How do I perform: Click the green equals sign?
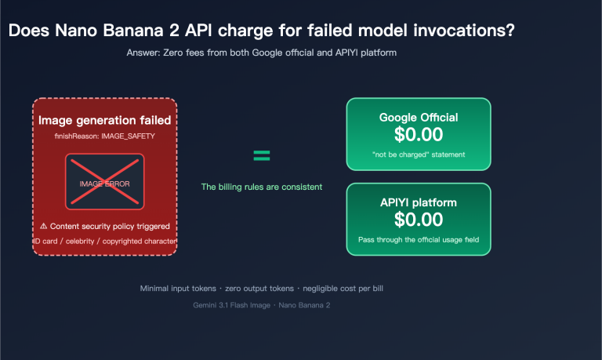(261, 155)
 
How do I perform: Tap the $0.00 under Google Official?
(418, 135)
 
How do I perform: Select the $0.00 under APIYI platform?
(418, 220)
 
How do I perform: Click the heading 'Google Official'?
(418, 118)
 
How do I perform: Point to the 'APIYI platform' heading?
(418, 202)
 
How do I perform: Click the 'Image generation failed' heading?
(104, 121)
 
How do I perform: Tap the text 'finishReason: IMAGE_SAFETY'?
(104, 136)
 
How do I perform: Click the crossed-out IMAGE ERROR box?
(104, 183)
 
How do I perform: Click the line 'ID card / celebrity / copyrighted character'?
(104, 241)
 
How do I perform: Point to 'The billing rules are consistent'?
(261, 187)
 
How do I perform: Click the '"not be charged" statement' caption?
(418, 155)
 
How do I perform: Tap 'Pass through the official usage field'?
(418, 239)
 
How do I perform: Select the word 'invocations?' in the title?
(463, 31)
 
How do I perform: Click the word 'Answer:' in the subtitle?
(141, 53)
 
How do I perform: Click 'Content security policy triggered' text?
(110, 226)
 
